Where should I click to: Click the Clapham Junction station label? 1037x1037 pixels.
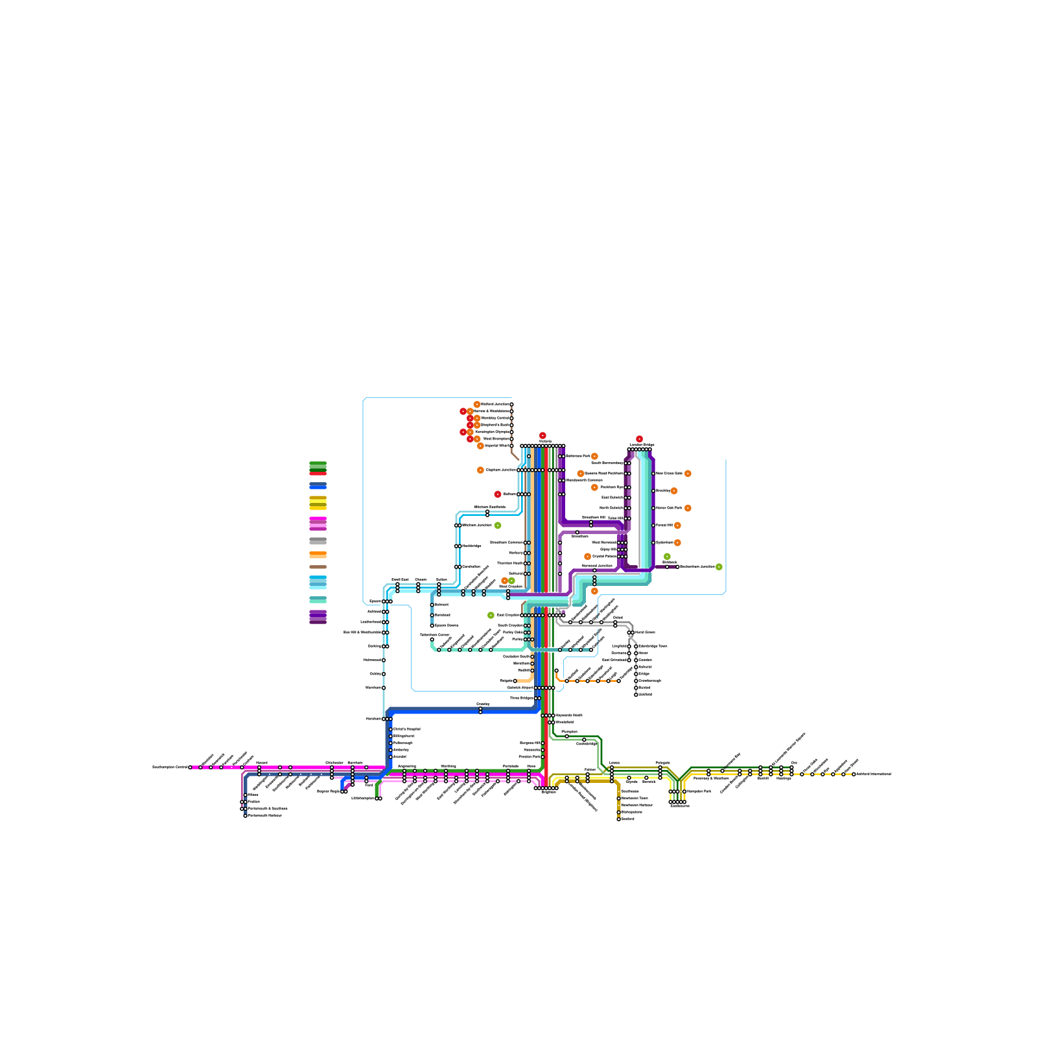pyautogui.click(x=500, y=470)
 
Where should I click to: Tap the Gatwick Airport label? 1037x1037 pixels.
pyautogui.click(x=520, y=688)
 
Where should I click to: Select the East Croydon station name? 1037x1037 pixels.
pyautogui.click(x=508, y=615)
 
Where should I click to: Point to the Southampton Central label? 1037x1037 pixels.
pyautogui.click(x=170, y=767)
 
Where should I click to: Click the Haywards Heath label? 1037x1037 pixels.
pyautogui.click(x=569, y=716)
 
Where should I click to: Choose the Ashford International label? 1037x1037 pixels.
pyautogui.click(x=874, y=774)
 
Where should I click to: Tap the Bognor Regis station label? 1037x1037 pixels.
pyautogui.click(x=328, y=791)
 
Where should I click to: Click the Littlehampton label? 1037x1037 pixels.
pyautogui.click(x=362, y=798)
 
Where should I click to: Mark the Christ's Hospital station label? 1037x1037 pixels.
pyautogui.click(x=407, y=729)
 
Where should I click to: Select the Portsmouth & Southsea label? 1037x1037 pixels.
pyautogui.click(x=268, y=809)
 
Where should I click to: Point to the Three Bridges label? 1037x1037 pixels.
pyautogui.click(x=522, y=698)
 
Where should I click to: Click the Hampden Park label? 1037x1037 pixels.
pyautogui.click(x=699, y=791)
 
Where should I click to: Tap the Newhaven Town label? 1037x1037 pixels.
pyautogui.click(x=635, y=798)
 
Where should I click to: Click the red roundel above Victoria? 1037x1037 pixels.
pyautogui.click(x=542, y=436)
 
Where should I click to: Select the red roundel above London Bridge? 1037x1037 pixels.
pyautogui.click(x=639, y=439)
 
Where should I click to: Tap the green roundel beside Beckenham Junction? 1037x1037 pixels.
pyautogui.click(x=719, y=567)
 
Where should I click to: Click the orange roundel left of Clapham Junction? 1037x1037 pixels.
pyautogui.click(x=480, y=470)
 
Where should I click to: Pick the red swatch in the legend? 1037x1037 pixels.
pyautogui.click(x=318, y=473)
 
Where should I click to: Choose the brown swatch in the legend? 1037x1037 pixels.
pyautogui.click(x=318, y=567)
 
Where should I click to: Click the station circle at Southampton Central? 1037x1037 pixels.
pyautogui.click(x=190, y=767)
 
